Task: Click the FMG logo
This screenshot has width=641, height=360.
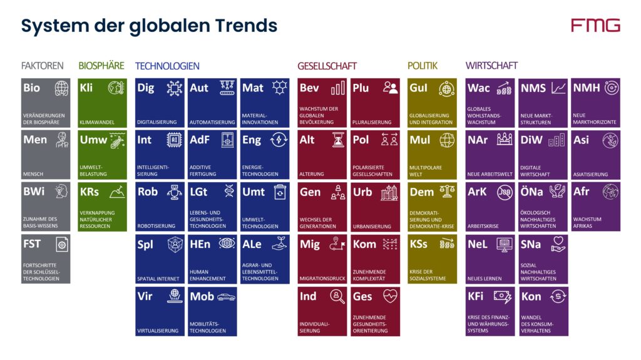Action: coord(595,25)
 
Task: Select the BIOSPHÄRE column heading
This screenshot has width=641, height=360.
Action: coord(101,66)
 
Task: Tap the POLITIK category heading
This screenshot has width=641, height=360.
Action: coord(423,66)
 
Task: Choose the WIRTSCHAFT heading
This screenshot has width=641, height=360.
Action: coord(491,66)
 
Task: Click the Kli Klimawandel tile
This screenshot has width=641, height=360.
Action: coord(103,103)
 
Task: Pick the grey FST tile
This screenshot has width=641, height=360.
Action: coord(46,259)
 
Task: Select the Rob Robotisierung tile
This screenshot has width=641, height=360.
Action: coord(160,207)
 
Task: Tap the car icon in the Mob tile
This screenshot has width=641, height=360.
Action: coord(226,297)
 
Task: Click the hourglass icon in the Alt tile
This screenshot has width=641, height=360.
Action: coord(338,139)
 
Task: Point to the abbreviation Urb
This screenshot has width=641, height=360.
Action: coord(362,192)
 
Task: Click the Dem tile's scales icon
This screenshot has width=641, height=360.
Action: coord(447,192)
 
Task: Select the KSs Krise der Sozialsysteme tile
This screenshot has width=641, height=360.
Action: coord(433,259)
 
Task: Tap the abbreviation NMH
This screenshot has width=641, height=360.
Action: coord(586,88)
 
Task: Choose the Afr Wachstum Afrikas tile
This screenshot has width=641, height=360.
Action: coord(596,207)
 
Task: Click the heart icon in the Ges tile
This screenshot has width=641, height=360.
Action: coord(390,296)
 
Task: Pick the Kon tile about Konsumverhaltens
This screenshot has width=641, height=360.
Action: coord(543,311)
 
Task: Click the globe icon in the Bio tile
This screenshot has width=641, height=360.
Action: coord(61,88)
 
